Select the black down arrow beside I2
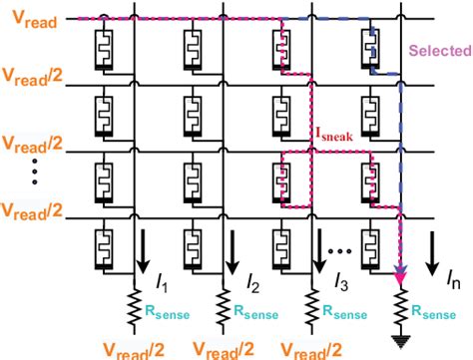[231, 250]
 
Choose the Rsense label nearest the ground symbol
[440, 313]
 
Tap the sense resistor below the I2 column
[222, 309]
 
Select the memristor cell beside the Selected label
[370, 47]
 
